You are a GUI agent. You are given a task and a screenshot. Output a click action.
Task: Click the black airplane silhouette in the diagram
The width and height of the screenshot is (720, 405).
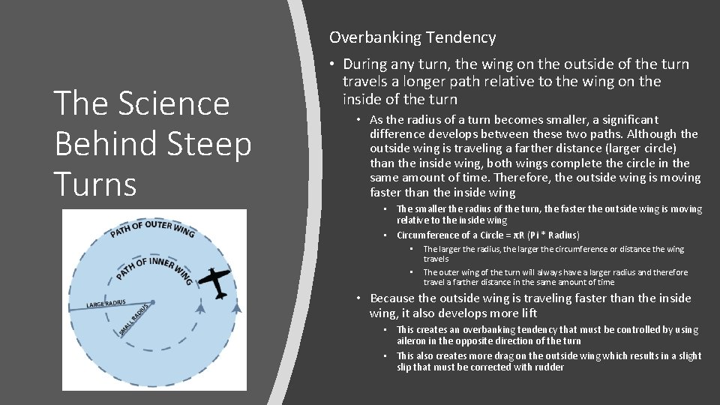pyautogui.click(x=216, y=282)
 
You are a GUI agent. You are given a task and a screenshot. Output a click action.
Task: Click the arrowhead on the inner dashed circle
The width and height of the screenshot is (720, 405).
pyautogui.click(x=200, y=307)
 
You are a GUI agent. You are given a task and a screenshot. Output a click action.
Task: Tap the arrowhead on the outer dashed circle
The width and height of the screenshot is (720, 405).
pyautogui.click(x=237, y=307)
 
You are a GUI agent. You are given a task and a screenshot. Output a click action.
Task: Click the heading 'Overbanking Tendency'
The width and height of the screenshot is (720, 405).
pyautogui.click(x=412, y=37)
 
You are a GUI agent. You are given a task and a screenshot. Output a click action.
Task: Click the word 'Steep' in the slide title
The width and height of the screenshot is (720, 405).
pyautogui.click(x=214, y=143)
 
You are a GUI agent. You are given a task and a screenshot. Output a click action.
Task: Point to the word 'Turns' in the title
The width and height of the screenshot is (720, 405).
pyautogui.click(x=95, y=184)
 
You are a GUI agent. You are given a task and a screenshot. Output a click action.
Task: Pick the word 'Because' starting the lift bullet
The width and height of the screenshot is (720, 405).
pyautogui.click(x=394, y=298)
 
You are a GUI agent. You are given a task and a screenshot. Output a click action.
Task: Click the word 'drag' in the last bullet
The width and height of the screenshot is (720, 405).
pyautogui.click(x=493, y=355)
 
